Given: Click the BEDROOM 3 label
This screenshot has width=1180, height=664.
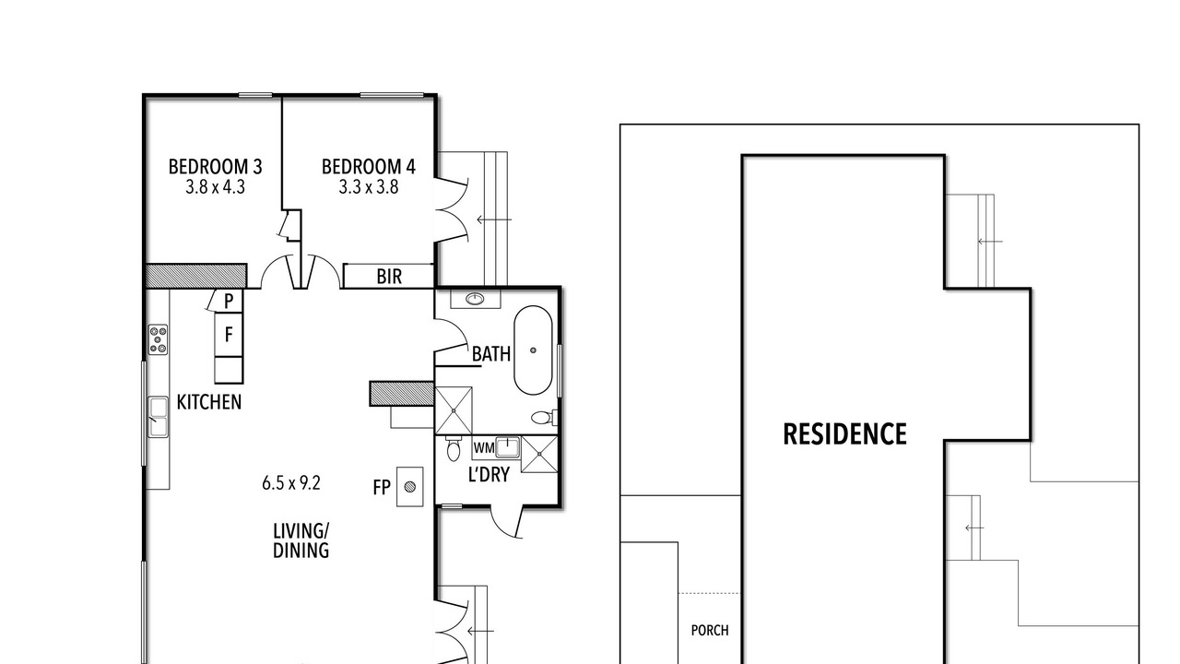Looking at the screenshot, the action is pos(215,167).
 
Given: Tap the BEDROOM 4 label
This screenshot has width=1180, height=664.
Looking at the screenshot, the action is pos(368,167).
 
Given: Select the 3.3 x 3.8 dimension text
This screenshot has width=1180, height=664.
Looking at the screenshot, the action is pos(368,187).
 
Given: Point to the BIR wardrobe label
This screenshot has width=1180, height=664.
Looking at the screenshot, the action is pos(389,277).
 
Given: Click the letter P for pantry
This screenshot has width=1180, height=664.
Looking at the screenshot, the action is pos(229,301).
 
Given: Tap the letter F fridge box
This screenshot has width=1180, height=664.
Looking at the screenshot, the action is pos(229,334).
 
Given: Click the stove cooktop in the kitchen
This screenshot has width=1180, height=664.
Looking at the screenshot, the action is pos(158,339).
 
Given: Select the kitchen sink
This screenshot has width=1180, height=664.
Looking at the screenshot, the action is pos(158,417).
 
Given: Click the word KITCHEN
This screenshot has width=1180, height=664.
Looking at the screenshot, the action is pos(209,402).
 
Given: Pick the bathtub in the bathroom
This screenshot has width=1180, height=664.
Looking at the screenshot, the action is pos(533,350).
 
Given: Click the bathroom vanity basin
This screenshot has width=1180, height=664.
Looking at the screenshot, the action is pos(476,300).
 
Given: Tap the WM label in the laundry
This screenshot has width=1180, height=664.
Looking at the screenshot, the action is pos(484,448).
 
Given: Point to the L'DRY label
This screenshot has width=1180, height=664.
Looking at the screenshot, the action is pos(489,475).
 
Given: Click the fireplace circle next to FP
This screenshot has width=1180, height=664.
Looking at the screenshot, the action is pos(410,487).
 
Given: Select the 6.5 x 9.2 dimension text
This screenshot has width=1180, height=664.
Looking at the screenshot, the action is pos(291,482).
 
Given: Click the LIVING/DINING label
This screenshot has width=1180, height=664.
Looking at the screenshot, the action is pos(301,540).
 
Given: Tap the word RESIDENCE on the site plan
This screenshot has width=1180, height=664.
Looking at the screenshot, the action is pos(845,434).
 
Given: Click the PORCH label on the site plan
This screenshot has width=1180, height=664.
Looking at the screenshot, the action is pos(710,630).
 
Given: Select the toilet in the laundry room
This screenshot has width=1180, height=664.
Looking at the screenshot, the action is pos(453,448).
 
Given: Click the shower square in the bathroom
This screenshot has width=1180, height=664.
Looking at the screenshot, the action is pos(454,410).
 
